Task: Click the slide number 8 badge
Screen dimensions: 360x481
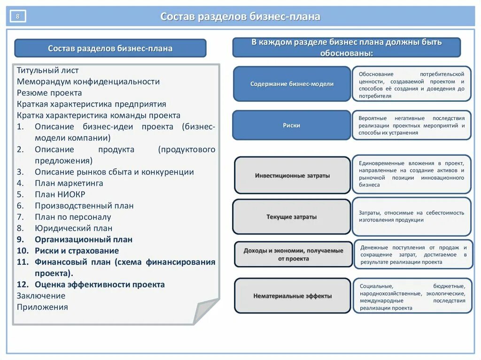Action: pos(18,17)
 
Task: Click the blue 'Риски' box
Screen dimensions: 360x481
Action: pos(291,125)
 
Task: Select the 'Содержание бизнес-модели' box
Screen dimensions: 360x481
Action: pos(292,84)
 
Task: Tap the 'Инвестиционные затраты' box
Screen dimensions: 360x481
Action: pos(292,176)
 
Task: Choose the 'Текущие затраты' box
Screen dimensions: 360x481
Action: pos(291,217)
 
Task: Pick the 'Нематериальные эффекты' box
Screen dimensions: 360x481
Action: pos(292,296)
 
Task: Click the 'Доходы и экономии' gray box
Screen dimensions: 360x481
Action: pos(293,254)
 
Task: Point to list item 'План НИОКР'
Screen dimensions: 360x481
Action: pos(60,194)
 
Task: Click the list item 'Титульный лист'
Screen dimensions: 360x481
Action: pos(48,70)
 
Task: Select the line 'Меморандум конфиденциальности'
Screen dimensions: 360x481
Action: pos(88,82)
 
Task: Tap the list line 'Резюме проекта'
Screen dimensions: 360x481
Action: pos(49,93)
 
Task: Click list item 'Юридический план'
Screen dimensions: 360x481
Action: pos(73,228)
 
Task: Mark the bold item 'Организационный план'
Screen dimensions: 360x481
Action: pos(83,239)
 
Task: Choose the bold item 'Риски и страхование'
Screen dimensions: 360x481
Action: pos(77,251)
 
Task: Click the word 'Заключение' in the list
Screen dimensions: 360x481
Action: pos(41,296)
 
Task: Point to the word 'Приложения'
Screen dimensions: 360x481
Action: pos(42,307)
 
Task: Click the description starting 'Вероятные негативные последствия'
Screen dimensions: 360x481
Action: pos(411,125)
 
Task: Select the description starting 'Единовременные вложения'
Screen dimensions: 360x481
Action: pos(411,174)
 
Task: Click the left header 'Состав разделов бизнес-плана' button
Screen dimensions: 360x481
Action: pos(110,48)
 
